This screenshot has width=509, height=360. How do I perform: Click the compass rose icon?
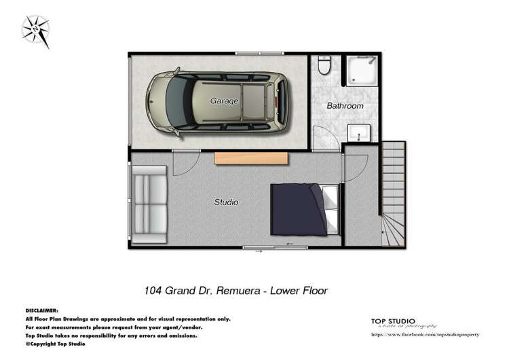coord(35,31)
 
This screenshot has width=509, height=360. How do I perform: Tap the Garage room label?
coord(224,101)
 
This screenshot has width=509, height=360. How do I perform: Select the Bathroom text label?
coord(345,106)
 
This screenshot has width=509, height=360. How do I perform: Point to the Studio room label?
coord(226,202)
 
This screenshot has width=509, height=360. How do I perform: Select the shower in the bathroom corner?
coord(362,71)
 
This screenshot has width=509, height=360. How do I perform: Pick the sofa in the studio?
coord(149,204)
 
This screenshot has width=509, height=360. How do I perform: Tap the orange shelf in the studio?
coord(251,158)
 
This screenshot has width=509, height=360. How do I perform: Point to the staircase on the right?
coord(393,194)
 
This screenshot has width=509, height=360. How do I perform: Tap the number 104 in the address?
coord(153,291)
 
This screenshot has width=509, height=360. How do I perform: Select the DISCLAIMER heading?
coord(42,310)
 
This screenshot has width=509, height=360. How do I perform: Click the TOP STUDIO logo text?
coord(393,321)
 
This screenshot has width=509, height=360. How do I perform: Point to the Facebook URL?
coord(426,335)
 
